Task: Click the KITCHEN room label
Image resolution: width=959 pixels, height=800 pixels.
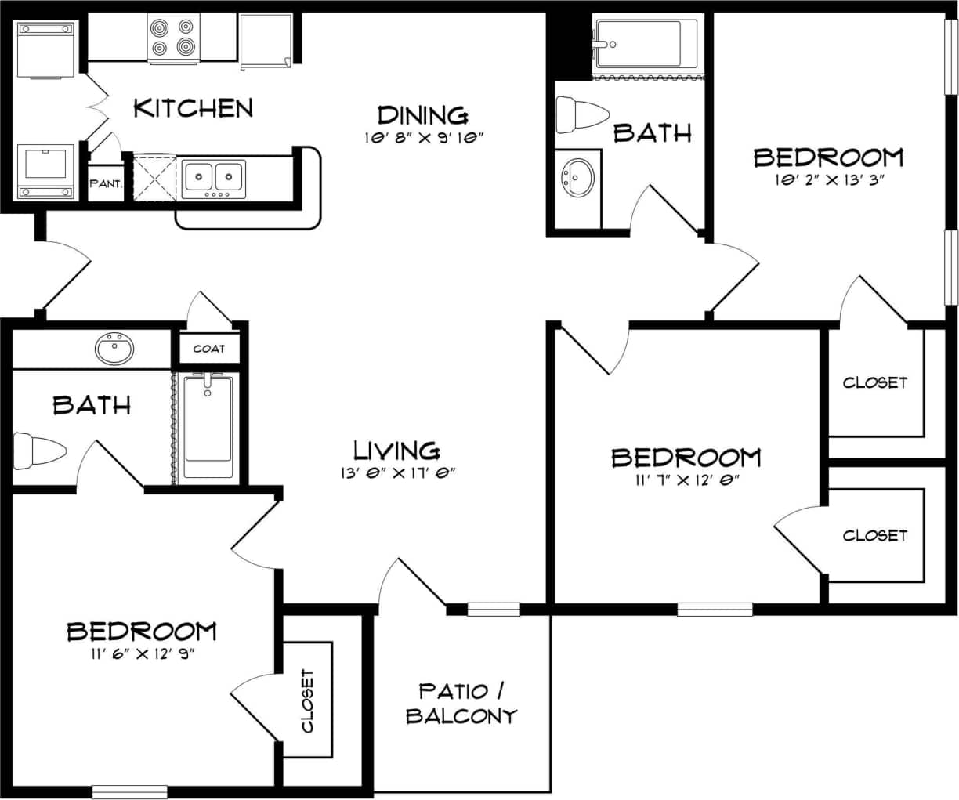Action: pyautogui.click(x=193, y=107)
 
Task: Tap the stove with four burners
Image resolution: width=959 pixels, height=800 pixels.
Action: pyautogui.click(x=172, y=38)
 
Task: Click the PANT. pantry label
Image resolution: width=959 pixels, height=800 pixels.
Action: pyautogui.click(x=106, y=184)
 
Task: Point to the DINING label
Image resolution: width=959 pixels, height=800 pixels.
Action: pyautogui.click(x=422, y=115)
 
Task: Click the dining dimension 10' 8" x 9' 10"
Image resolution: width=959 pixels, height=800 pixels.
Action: pyautogui.click(x=424, y=139)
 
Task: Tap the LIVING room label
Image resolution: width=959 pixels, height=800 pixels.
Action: pyautogui.click(x=396, y=451)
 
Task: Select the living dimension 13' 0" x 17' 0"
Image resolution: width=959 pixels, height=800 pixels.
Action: pyautogui.click(x=398, y=472)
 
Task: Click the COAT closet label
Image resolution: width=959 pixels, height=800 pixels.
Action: pyautogui.click(x=209, y=349)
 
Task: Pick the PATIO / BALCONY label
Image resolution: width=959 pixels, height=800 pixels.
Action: pyautogui.click(x=461, y=703)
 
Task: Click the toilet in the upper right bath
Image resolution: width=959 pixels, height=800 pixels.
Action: pyautogui.click(x=581, y=115)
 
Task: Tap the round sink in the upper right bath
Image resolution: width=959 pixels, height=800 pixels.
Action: pyautogui.click(x=578, y=177)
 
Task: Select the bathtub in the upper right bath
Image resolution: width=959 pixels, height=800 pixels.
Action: pyautogui.click(x=644, y=44)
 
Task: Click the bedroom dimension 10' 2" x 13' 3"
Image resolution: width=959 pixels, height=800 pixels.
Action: pyautogui.click(x=828, y=179)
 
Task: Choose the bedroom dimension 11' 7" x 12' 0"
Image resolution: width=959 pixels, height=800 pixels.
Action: pyautogui.click(x=686, y=480)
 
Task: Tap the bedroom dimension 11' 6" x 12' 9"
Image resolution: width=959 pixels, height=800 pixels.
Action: pyautogui.click(x=142, y=653)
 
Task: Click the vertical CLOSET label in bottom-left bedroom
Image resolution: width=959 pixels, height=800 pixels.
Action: pyautogui.click(x=307, y=700)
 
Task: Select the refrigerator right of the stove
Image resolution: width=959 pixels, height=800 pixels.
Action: pyautogui.click(x=266, y=39)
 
